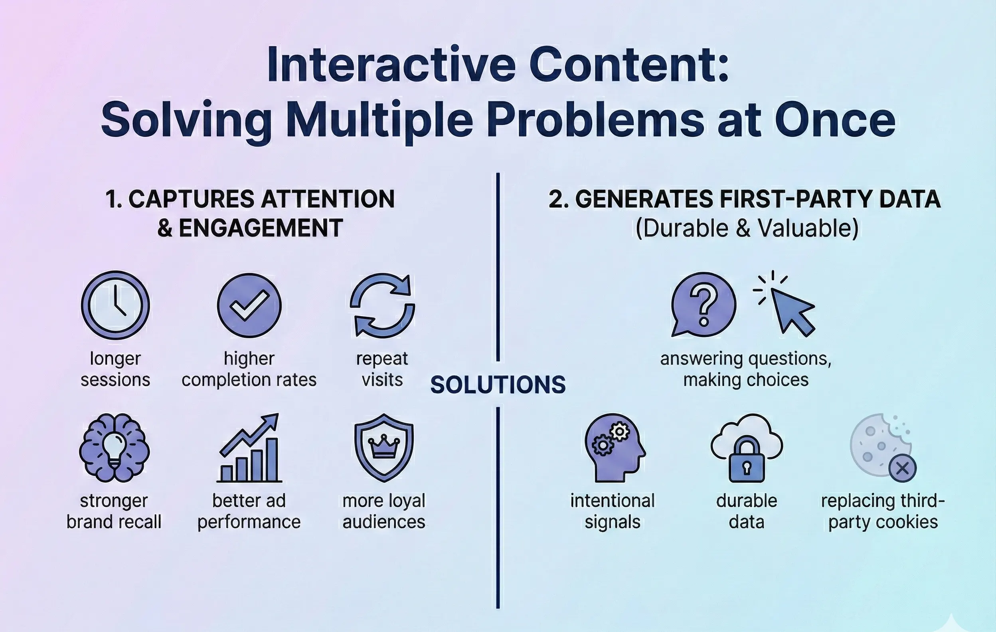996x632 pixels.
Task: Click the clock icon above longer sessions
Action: pyautogui.click(x=115, y=305)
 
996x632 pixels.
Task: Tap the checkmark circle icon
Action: pyautogui.click(x=249, y=305)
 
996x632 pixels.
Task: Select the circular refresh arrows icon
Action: pyautogui.click(x=382, y=305)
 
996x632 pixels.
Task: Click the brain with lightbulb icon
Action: pyautogui.click(x=114, y=448)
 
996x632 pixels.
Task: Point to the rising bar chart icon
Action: pyautogui.click(x=249, y=449)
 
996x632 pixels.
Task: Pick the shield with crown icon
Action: pyautogui.click(x=384, y=448)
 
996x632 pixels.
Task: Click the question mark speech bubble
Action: pyautogui.click(x=703, y=304)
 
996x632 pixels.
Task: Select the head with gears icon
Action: pyautogui.click(x=614, y=448)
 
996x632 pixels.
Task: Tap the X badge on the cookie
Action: pyautogui.click(x=903, y=468)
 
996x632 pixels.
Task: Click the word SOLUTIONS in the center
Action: pyautogui.click(x=498, y=385)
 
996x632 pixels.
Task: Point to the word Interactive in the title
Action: pyautogui.click(x=391, y=65)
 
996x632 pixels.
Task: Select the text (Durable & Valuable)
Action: pyautogui.click(x=747, y=228)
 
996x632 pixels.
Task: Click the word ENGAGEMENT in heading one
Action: pyautogui.click(x=261, y=228)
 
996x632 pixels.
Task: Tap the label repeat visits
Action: pyautogui.click(x=382, y=369)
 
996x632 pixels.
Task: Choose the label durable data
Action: pyautogui.click(x=747, y=511)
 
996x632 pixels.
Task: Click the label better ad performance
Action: pyautogui.click(x=249, y=511)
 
